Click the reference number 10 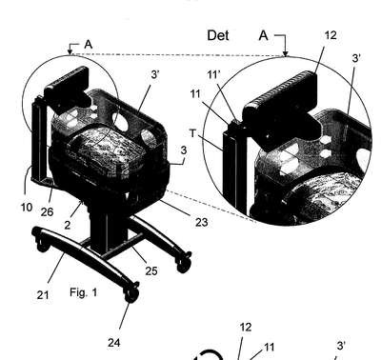(27, 208)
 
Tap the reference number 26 (47, 212)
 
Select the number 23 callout (201, 222)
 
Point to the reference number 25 (151, 270)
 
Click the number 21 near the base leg (43, 295)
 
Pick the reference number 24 (114, 343)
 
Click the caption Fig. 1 (84, 292)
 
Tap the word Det (218, 35)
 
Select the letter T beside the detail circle (193, 133)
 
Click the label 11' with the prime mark (213, 75)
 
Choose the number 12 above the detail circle (331, 35)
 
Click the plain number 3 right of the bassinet (184, 150)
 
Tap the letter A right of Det (264, 35)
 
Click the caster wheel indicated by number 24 (132, 294)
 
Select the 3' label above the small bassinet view (154, 75)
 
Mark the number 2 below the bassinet (68, 225)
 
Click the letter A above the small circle (89, 45)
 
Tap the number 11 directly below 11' (195, 94)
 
